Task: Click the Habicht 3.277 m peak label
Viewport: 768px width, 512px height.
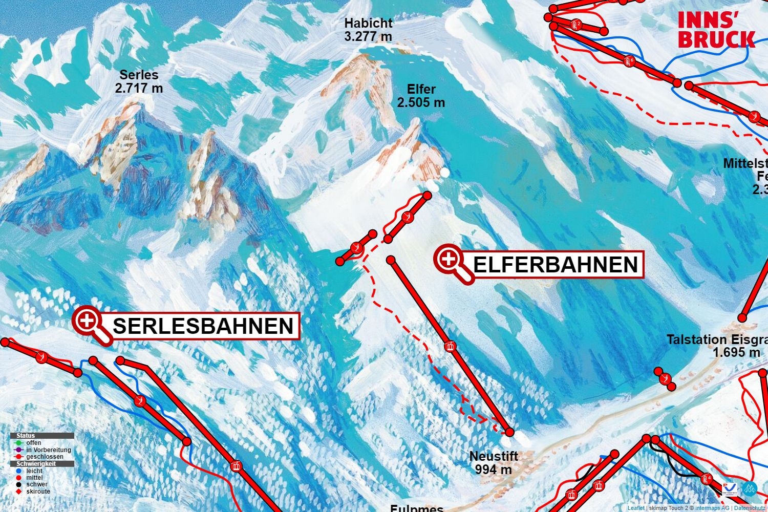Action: (x=368, y=30)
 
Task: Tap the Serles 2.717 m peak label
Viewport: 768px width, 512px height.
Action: (x=139, y=81)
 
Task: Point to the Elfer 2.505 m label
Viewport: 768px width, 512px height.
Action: (x=421, y=96)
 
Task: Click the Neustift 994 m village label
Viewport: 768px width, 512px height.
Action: (x=494, y=462)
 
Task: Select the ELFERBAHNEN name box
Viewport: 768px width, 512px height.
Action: (x=556, y=265)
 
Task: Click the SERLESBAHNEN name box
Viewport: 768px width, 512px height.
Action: (x=203, y=326)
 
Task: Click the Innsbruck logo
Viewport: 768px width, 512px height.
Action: (x=716, y=30)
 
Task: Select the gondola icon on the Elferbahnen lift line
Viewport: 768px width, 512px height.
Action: (x=450, y=346)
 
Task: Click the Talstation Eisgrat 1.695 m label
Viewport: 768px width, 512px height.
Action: (x=717, y=346)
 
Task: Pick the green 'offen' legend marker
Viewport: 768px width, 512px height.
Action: (x=19, y=443)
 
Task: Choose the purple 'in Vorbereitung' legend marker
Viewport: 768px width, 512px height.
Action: (x=19, y=450)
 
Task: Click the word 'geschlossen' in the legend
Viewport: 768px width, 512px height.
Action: (x=45, y=457)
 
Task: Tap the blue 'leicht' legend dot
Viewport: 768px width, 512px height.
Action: (x=19, y=471)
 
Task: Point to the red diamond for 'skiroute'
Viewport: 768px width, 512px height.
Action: (x=19, y=492)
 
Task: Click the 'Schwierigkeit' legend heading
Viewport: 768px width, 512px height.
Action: (x=36, y=464)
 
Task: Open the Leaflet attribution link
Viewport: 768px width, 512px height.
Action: (x=636, y=508)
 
